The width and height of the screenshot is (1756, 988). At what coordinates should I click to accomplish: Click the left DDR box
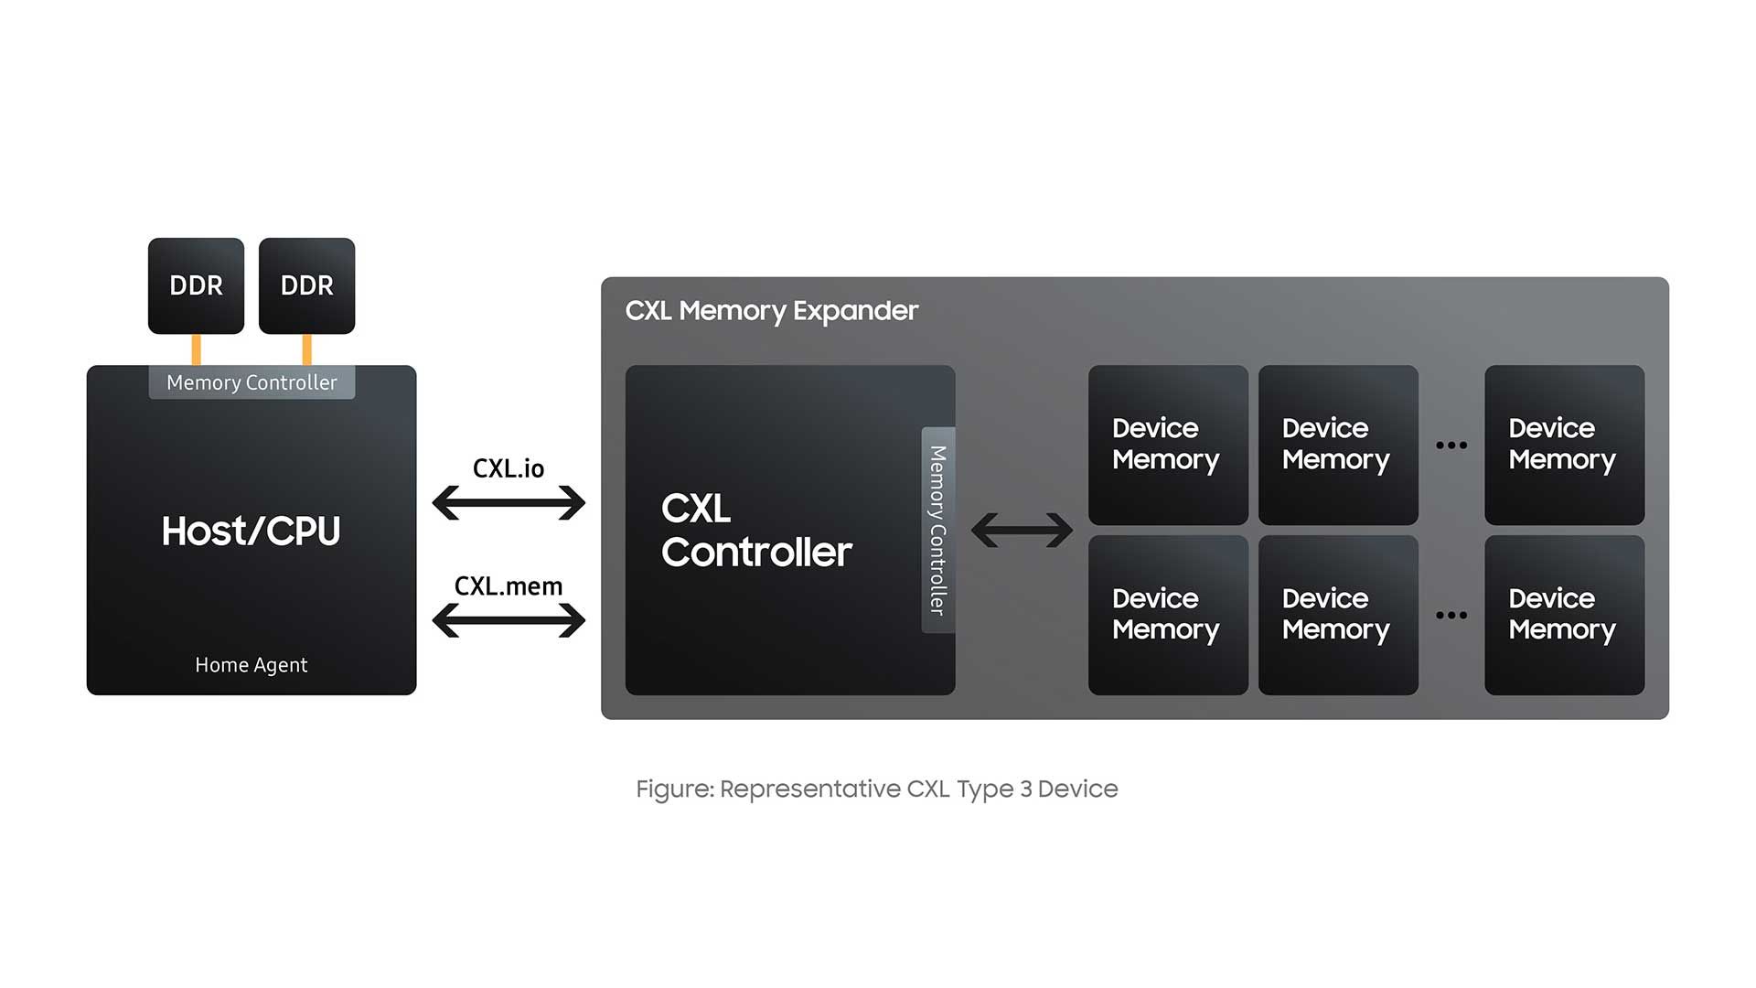pyautogui.click(x=196, y=285)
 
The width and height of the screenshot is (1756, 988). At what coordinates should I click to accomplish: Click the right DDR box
pyautogui.click(x=306, y=285)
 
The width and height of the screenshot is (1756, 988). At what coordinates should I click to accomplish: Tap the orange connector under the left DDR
pyautogui.click(x=196, y=349)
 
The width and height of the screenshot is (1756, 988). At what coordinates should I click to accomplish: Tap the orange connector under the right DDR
pyautogui.click(x=306, y=349)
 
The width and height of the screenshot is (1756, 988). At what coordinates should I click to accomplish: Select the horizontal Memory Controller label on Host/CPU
pyautogui.click(x=252, y=382)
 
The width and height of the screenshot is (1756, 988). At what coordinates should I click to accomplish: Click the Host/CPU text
pyautogui.click(x=251, y=531)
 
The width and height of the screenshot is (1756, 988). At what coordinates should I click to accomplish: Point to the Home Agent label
pyautogui.click(x=251, y=665)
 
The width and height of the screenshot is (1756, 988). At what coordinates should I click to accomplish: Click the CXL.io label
pyautogui.click(x=509, y=468)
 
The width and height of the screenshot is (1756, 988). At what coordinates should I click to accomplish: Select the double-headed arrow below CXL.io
pyautogui.click(x=509, y=502)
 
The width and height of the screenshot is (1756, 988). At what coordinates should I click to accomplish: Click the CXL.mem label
pyautogui.click(x=509, y=586)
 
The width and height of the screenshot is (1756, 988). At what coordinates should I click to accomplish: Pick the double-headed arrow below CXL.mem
pyautogui.click(x=509, y=620)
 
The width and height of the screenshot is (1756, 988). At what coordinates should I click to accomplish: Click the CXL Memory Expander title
pyautogui.click(x=771, y=311)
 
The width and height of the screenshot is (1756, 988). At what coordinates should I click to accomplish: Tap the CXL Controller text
pyautogui.click(x=756, y=531)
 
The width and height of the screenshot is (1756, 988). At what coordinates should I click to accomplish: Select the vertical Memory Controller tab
pyautogui.click(x=937, y=530)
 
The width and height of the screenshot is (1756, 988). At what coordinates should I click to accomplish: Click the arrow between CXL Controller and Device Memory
pyautogui.click(x=1022, y=530)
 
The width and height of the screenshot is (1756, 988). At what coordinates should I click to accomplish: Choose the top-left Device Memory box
pyautogui.click(x=1168, y=445)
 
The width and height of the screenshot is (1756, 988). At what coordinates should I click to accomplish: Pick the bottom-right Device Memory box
pyautogui.click(x=1564, y=615)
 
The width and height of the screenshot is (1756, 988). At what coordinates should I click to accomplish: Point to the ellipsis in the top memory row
pyautogui.click(x=1451, y=446)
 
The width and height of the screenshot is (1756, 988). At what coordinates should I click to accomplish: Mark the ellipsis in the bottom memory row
pyautogui.click(x=1451, y=615)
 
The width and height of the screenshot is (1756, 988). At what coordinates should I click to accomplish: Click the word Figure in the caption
pyautogui.click(x=674, y=789)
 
